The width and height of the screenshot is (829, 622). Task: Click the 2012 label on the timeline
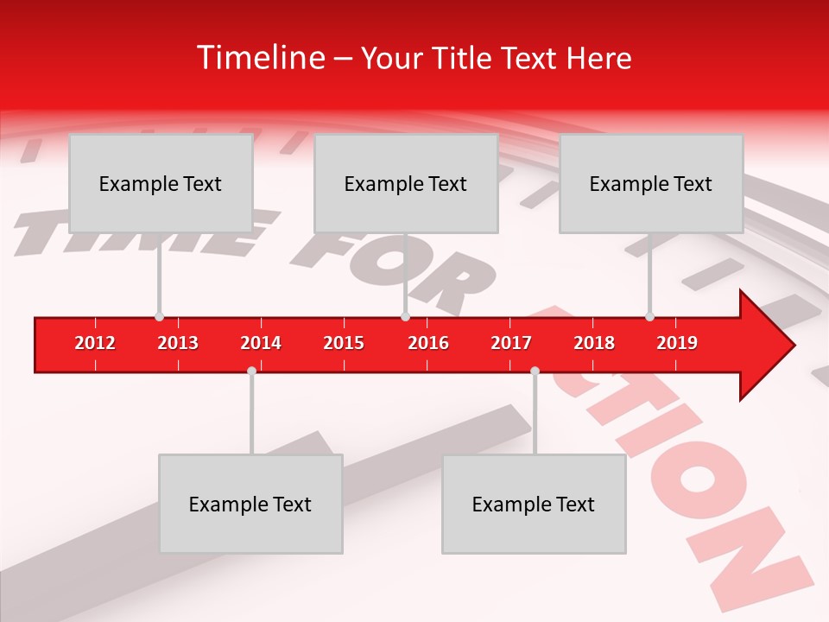tap(95, 343)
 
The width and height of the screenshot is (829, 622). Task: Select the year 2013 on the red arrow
tap(178, 343)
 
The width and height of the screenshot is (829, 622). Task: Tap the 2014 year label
tap(261, 343)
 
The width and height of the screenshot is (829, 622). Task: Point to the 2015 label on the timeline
tap(344, 343)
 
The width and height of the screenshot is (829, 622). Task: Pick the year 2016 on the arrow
tap(428, 343)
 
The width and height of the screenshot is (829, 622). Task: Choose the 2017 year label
tap(511, 343)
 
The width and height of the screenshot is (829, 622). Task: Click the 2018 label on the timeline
tap(594, 343)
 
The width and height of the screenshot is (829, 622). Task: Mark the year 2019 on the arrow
tap(677, 343)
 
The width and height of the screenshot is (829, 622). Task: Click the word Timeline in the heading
tap(259, 58)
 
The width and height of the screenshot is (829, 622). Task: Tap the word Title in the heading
tap(465, 58)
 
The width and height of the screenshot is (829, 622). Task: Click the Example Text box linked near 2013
tap(161, 183)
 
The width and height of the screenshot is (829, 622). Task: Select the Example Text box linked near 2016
tap(406, 183)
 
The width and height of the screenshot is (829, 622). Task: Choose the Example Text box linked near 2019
tap(651, 183)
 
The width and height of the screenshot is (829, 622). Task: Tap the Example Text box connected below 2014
tap(250, 504)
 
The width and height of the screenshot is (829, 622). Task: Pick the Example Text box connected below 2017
tap(534, 504)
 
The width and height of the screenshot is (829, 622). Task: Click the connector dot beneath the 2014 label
tap(251, 371)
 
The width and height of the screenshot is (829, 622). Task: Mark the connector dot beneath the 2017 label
tap(535, 371)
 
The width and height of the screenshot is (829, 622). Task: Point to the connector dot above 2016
tap(405, 317)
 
